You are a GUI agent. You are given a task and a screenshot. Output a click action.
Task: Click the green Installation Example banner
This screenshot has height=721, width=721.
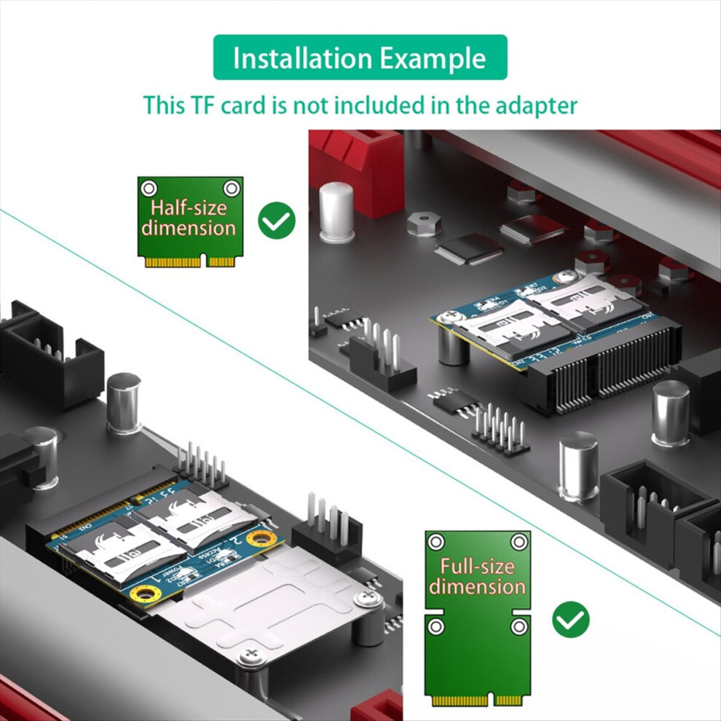pyautogui.click(x=360, y=58)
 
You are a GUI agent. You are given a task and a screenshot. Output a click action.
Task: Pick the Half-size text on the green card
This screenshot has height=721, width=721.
pyautogui.click(x=189, y=208)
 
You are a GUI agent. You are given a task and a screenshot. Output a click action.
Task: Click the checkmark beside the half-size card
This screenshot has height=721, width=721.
pyautogui.click(x=277, y=221)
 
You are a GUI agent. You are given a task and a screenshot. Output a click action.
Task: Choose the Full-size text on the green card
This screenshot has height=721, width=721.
pyautogui.click(x=477, y=567)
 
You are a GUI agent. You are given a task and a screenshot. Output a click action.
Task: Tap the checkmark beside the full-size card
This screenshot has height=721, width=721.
pyautogui.click(x=571, y=619)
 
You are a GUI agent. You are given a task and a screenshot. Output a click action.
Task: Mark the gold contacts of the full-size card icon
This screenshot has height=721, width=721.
pyautogui.click(x=477, y=700)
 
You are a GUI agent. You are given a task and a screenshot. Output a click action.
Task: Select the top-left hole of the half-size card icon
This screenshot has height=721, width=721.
pyautogui.click(x=149, y=186)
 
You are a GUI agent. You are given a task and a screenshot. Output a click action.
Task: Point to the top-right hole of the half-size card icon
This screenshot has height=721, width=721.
pyautogui.click(x=232, y=186)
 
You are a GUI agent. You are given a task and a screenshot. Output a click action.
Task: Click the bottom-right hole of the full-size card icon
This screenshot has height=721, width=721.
pyautogui.click(x=519, y=626)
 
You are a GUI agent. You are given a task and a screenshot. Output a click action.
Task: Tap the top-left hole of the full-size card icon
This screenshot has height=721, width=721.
pyautogui.click(x=436, y=541)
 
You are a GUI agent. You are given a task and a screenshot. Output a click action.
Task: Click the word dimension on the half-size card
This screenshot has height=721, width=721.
pyautogui.click(x=189, y=228)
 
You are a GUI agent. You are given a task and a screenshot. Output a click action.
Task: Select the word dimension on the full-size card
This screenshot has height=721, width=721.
pyautogui.click(x=477, y=586)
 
